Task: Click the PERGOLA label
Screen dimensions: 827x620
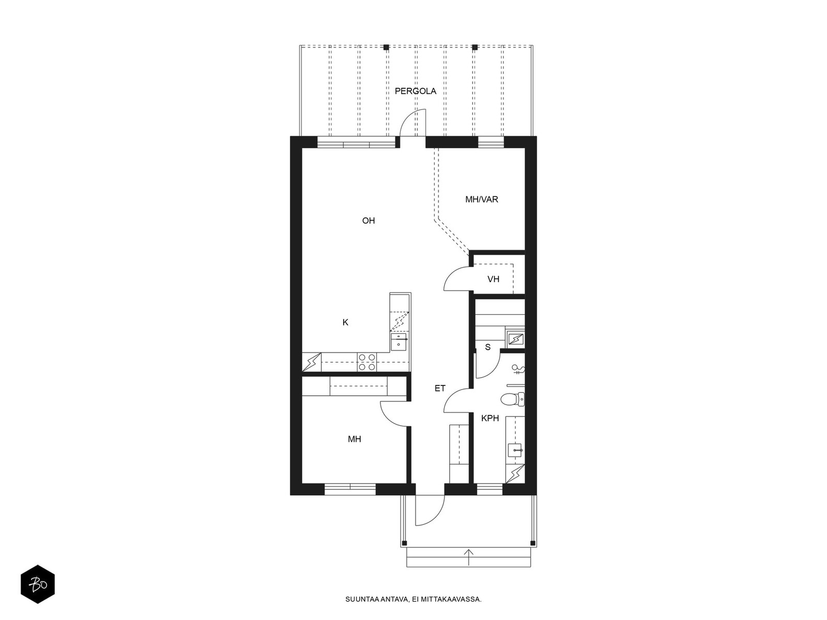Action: [415, 91]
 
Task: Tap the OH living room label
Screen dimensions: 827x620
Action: [368, 221]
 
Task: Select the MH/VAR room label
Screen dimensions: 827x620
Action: [482, 199]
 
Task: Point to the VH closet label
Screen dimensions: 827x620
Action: [493, 280]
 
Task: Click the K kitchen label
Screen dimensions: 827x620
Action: [345, 322]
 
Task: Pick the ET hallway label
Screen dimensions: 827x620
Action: [440, 389]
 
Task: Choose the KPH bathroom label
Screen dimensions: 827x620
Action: [490, 418]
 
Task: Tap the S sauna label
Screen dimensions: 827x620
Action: [487, 347]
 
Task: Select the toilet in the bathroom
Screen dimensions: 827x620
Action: [512, 399]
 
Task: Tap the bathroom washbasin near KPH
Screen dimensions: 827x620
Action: [514, 449]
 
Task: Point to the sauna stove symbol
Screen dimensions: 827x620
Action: [515, 339]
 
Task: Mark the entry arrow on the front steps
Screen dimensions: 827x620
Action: [468, 557]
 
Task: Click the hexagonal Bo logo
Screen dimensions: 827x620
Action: [38, 584]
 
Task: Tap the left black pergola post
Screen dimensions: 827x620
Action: [386, 48]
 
